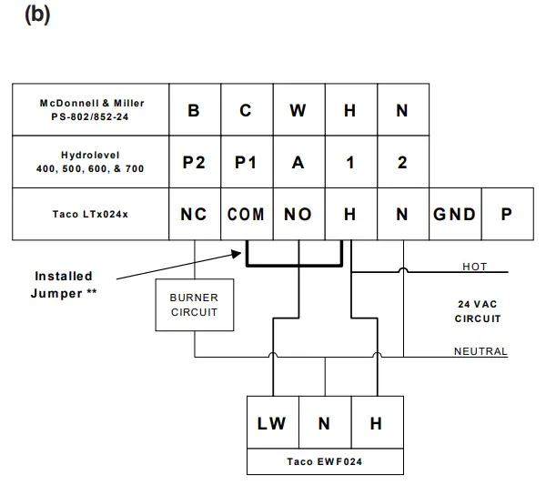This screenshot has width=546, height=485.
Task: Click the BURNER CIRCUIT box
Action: (x=194, y=305)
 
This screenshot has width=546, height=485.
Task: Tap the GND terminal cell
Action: (x=454, y=214)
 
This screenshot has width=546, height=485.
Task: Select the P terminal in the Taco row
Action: (x=506, y=214)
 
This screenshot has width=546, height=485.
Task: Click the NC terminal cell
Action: (x=194, y=214)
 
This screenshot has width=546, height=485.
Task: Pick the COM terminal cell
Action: (x=246, y=214)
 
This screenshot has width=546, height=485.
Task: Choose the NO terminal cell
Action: (x=298, y=214)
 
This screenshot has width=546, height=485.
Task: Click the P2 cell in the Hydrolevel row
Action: (x=194, y=162)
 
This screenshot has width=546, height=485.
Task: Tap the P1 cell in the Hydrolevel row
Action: (x=246, y=162)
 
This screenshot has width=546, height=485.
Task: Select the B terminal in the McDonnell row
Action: (x=194, y=110)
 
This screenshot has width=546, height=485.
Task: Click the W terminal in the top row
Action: (x=298, y=110)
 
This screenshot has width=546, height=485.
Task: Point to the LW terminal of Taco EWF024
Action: (x=272, y=423)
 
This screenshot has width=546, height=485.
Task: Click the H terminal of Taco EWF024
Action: (x=376, y=423)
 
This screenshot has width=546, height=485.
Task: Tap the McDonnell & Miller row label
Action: (x=91, y=110)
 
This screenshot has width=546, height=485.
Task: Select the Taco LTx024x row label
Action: (x=91, y=215)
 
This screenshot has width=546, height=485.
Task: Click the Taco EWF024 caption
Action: (x=324, y=461)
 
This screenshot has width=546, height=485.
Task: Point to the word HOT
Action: (x=474, y=267)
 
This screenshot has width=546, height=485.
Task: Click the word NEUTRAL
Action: (x=480, y=351)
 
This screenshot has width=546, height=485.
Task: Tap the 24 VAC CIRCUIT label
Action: (x=478, y=311)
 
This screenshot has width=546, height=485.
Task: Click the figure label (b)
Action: (x=36, y=17)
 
